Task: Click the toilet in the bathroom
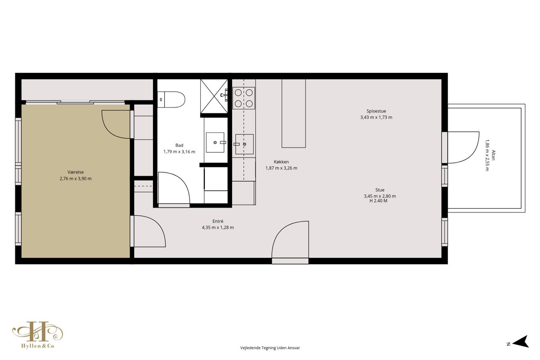[x=171, y=99]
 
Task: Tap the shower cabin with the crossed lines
[x=214, y=96]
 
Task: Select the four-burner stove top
[x=244, y=98]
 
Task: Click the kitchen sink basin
[x=244, y=144]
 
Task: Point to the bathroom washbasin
[x=215, y=143]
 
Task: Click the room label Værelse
[x=76, y=172]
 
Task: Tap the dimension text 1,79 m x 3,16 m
[x=180, y=152]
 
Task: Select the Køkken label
[x=281, y=162]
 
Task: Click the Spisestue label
[x=376, y=111]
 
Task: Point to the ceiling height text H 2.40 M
[x=378, y=201]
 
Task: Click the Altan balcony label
[x=494, y=155]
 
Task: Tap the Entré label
[x=218, y=221]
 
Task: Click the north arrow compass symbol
[x=521, y=342]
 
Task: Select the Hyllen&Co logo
[x=38, y=335]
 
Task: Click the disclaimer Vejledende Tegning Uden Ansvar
[x=270, y=348]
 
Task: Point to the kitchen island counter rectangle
[x=293, y=113]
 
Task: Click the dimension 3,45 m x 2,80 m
[x=380, y=196]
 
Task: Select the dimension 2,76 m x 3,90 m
[x=76, y=179]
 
